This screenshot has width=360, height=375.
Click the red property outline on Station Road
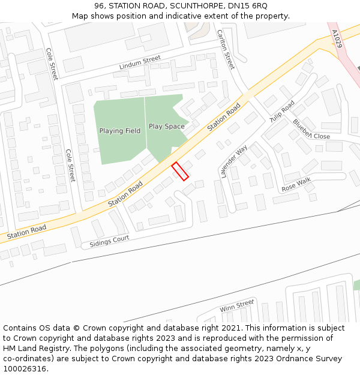coord(180,171)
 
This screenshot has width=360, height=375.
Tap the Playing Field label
coord(119,131)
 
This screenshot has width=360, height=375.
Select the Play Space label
coord(166,127)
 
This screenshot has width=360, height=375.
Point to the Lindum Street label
coord(140,62)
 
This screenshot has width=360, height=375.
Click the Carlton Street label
coord(226,49)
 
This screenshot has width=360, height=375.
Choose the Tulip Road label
coord(282,112)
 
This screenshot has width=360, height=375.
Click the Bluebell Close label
coord(311,130)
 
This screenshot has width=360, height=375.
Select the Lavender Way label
coord(234,161)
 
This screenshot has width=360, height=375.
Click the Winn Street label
coord(236,306)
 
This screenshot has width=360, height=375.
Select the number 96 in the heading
coord(99,5)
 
